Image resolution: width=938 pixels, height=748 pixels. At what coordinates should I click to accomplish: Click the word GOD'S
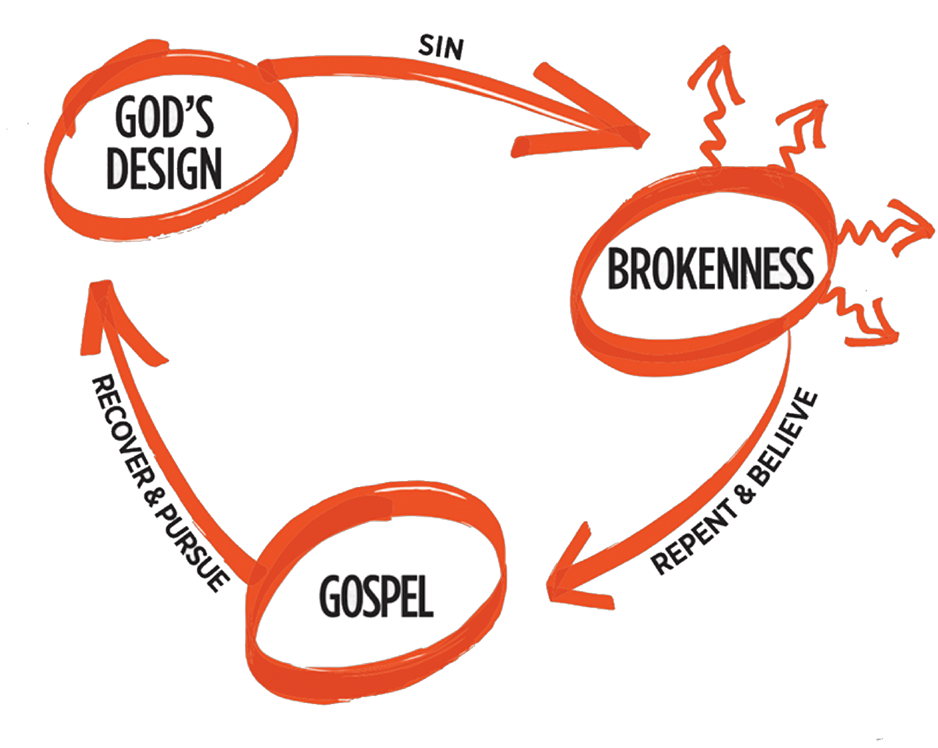coord(165,117)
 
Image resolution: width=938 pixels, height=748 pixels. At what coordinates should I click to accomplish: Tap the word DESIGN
coord(164,167)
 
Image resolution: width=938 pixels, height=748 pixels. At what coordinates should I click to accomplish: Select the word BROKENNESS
coord(710,269)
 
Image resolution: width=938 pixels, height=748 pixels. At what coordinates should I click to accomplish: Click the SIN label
coord(441,47)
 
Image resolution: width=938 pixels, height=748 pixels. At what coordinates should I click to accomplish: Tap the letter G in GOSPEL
coord(330,595)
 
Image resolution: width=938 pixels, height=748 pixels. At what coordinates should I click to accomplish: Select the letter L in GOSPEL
coord(425,597)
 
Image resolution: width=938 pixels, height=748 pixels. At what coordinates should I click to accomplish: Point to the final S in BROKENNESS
coord(803,269)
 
